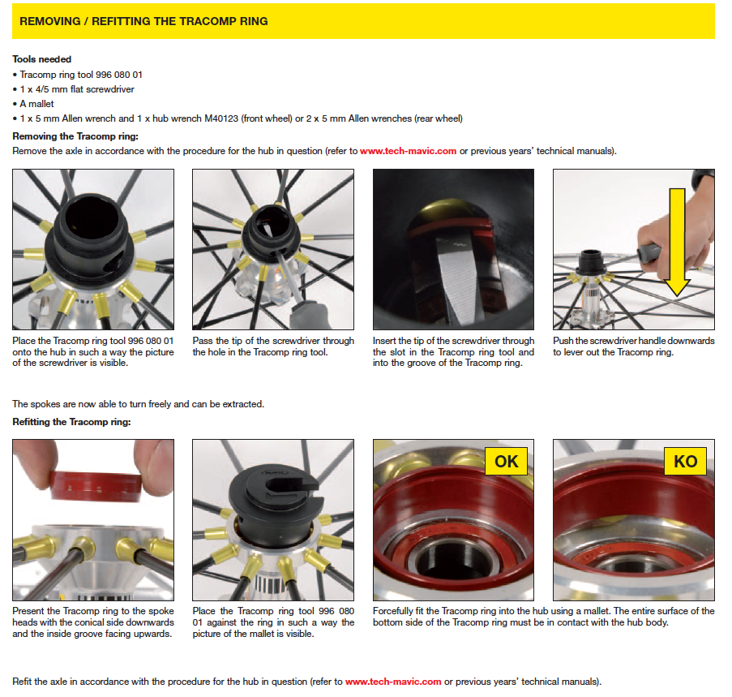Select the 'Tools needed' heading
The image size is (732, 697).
(x=42, y=59)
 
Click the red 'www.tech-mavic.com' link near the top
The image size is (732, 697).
(x=402, y=151)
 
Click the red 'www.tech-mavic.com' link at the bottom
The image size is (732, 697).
(x=393, y=682)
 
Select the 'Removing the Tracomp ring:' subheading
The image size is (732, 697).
(x=75, y=136)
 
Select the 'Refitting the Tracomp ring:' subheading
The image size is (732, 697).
(x=71, y=422)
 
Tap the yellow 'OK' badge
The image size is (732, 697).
(x=507, y=461)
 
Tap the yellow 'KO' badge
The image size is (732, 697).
(x=685, y=461)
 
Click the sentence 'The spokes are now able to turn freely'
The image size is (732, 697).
(x=139, y=404)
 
